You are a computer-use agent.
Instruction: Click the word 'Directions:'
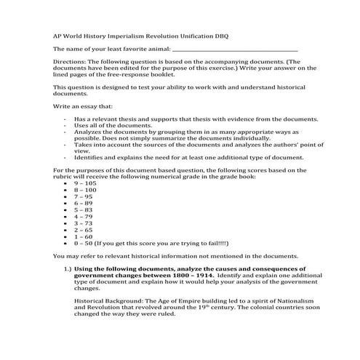[x=70, y=63]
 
